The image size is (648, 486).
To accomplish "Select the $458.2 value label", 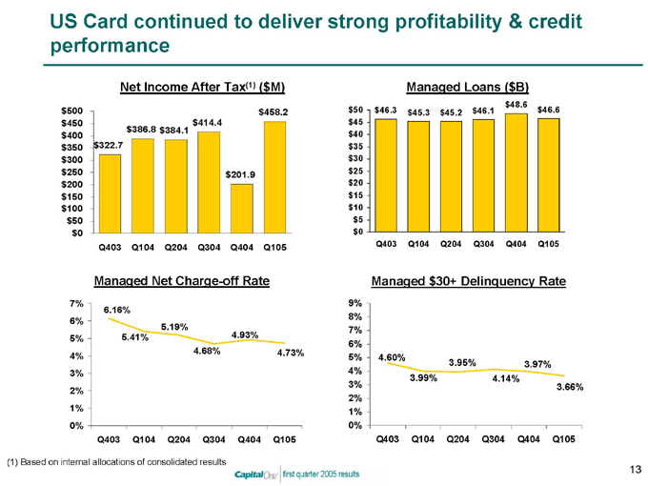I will pyautogui.click(x=273, y=112).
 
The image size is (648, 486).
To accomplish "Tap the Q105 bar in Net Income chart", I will pyautogui.click(x=273, y=176).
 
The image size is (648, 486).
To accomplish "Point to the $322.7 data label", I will pyautogui.click(x=108, y=146).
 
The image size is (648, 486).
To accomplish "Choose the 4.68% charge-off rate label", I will pyautogui.click(x=207, y=351).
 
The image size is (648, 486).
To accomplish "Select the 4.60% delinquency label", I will pyautogui.click(x=393, y=357).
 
